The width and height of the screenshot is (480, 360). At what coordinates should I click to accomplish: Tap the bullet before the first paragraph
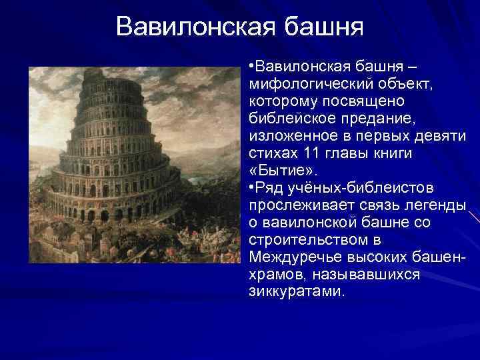252,67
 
